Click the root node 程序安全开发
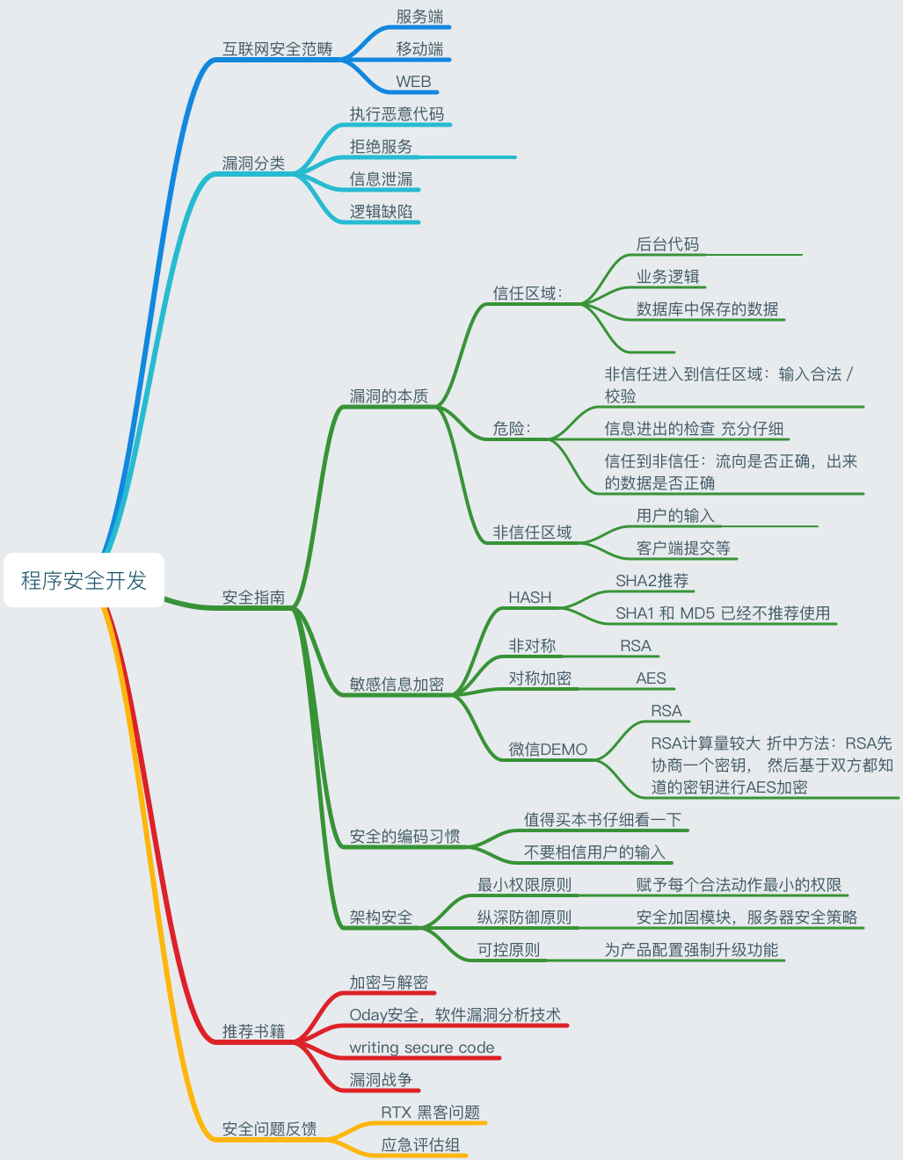click(x=84, y=580)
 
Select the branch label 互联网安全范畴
click(x=277, y=49)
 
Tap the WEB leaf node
click(x=413, y=82)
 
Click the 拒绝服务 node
click(x=381, y=147)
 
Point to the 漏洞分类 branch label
click(x=253, y=163)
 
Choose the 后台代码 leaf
click(x=667, y=244)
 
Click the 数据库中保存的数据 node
click(x=707, y=309)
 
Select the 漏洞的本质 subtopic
click(x=389, y=396)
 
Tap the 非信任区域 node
click(x=532, y=533)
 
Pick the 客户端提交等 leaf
click(x=683, y=548)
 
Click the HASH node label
click(x=529, y=598)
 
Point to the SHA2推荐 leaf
click(x=652, y=581)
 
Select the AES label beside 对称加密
click(x=651, y=678)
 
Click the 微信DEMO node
click(x=547, y=750)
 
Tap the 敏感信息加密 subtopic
click(x=397, y=685)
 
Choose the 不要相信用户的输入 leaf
click(x=594, y=852)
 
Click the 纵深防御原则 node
click(x=524, y=917)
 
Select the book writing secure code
click(x=421, y=1048)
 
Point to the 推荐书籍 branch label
click(x=253, y=1032)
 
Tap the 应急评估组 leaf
click(x=420, y=1145)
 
